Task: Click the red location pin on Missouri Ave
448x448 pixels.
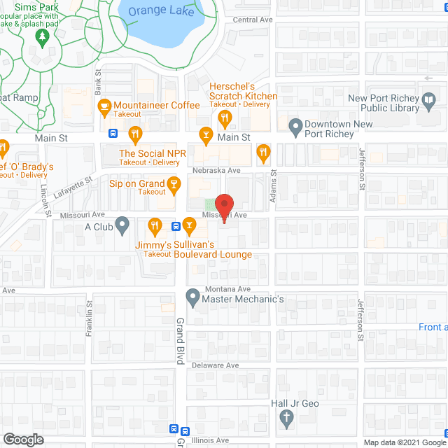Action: (224, 209)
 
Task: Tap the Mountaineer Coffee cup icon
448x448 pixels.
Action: (104, 107)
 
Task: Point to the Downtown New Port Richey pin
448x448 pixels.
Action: (295, 127)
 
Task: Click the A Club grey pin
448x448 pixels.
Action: (122, 225)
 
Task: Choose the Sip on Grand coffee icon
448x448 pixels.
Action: (174, 185)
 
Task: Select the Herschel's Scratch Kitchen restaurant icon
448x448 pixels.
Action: (224, 119)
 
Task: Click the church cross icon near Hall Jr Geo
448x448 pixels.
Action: (286, 419)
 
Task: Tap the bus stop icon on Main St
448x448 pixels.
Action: (113, 133)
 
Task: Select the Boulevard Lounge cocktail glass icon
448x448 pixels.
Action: (190, 225)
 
